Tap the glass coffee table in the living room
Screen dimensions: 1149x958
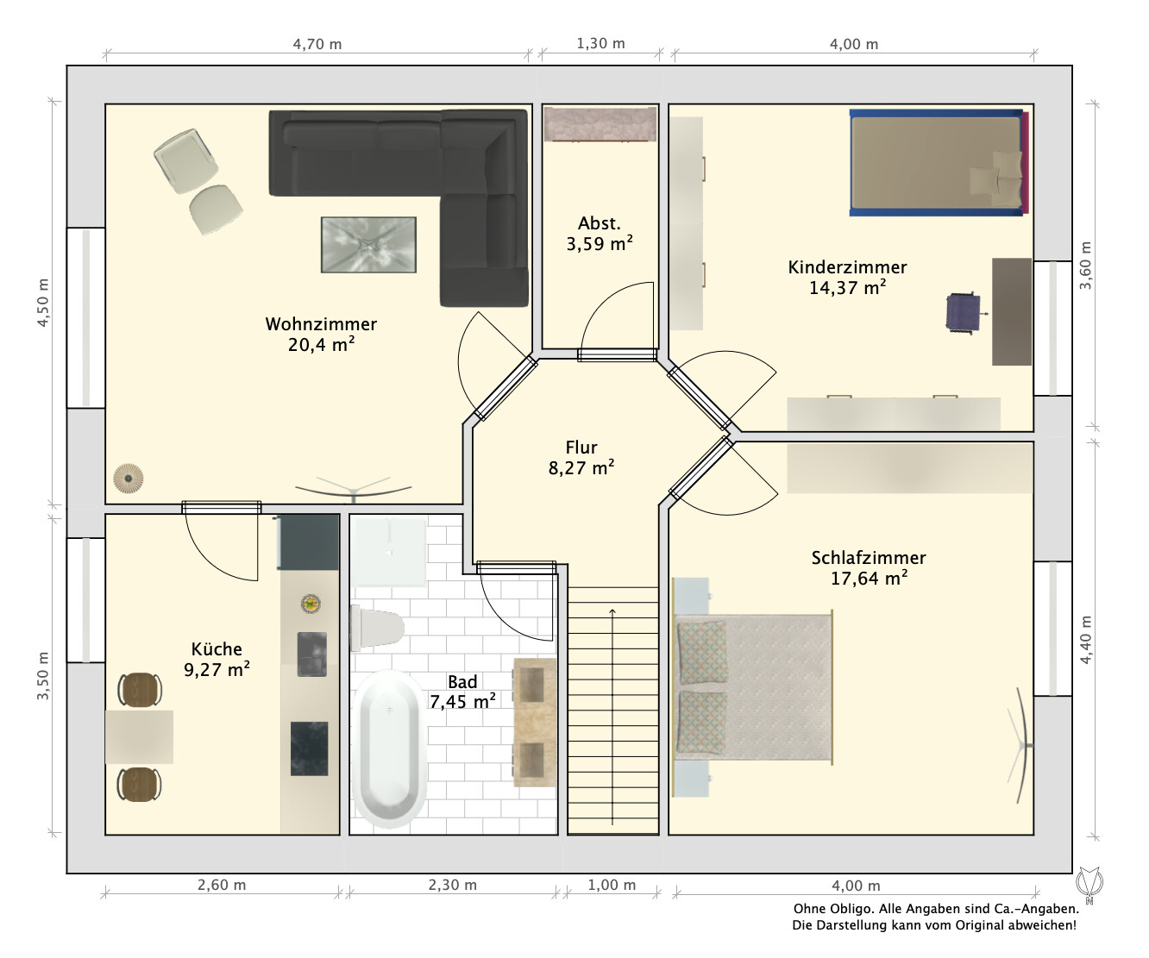[368, 244]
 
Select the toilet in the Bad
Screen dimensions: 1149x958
[377, 627]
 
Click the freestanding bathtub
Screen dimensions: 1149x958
[390, 748]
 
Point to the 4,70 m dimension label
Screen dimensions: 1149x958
[317, 44]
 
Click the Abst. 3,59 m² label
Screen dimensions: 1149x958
[600, 234]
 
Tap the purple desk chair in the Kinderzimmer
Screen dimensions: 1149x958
[964, 313]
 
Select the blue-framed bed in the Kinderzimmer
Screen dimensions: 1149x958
[939, 162]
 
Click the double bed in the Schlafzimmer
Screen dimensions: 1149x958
[753, 688]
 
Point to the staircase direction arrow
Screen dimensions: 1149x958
[612, 717]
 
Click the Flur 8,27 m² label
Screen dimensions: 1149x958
[581, 457]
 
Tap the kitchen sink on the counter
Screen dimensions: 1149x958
[312, 654]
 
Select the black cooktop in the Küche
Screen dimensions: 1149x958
[310, 748]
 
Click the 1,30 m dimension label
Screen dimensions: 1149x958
[600, 43]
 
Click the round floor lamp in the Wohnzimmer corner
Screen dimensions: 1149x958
[129, 479]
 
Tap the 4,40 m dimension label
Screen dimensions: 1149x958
[1085, 640]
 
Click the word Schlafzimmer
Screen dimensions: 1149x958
[869, 558]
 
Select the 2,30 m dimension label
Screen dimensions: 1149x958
[452, 885]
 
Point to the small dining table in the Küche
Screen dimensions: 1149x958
[139, 736]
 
